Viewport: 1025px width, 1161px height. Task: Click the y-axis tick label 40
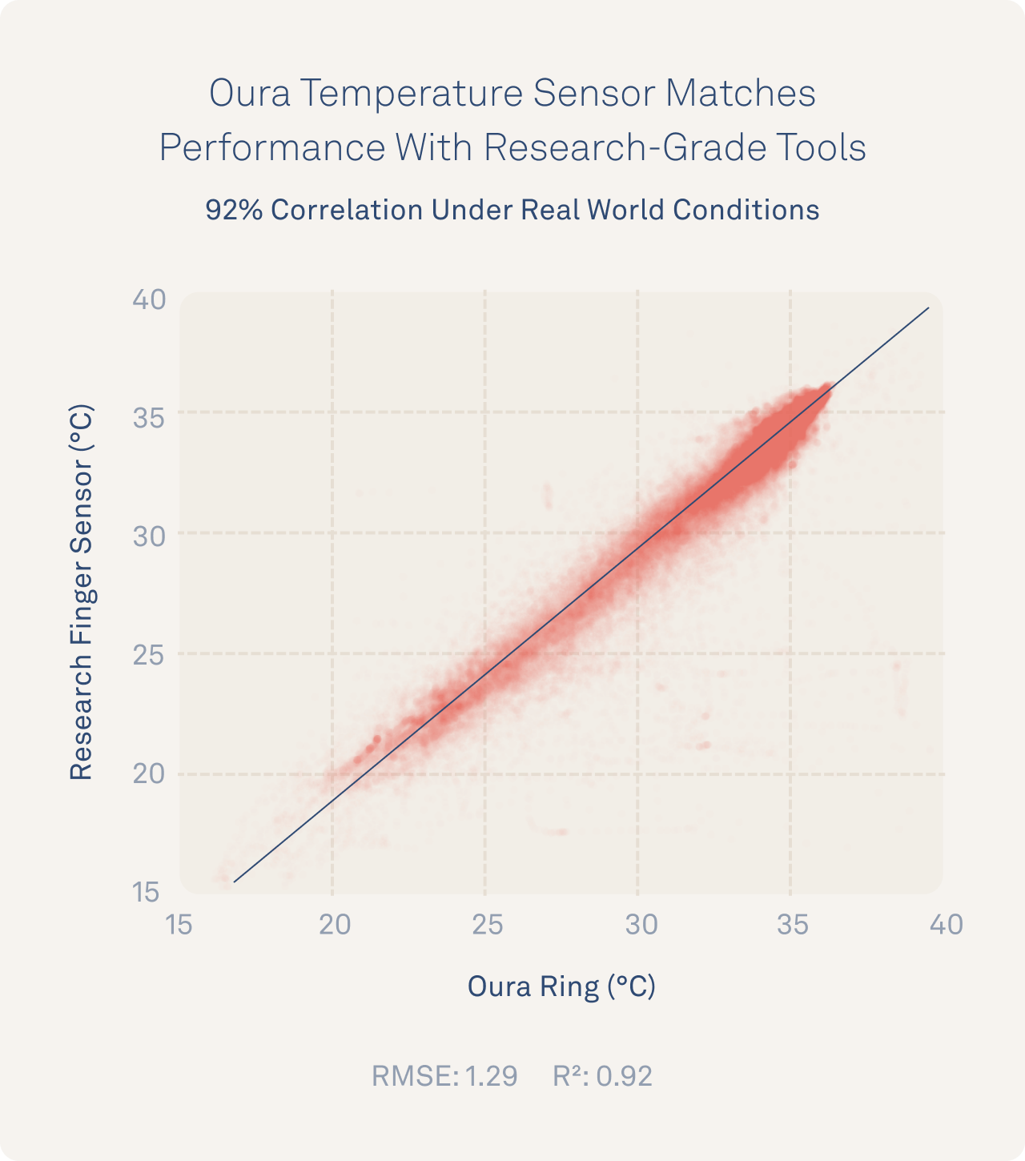(149, 299)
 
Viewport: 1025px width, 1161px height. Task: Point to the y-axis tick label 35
(149, 417)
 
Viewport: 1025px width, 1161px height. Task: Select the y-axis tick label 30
(149, 536)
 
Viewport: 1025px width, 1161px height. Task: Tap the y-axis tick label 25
(149, 656)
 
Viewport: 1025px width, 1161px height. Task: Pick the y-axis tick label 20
(149, 773)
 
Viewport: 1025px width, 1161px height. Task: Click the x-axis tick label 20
(335, 925)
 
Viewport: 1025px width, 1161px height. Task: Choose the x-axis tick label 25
(487, 925)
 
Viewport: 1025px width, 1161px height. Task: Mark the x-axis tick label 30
(641, 925)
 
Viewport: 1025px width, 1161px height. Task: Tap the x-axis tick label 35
(793, 925)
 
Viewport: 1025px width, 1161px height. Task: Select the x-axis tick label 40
(946, 925)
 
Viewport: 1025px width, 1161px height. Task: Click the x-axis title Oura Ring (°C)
(561, 986)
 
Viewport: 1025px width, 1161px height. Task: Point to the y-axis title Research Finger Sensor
(82, 593)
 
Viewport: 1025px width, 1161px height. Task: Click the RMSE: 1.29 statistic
(444, 1076)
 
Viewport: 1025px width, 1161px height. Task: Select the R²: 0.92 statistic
(602, 1076)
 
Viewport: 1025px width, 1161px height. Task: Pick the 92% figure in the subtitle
(234, 210)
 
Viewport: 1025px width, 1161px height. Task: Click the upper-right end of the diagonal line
(928, 307)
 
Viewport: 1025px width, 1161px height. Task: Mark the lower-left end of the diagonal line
(234, 882)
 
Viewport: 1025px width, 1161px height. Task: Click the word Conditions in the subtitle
(746, 210)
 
